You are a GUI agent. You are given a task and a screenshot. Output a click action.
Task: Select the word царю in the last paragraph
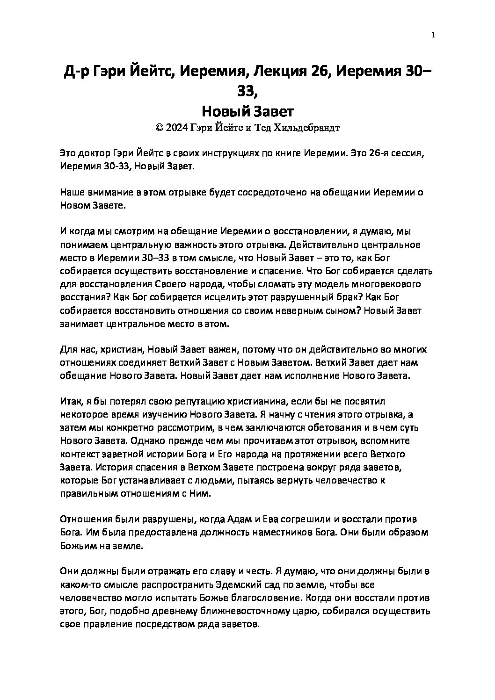(310, 611)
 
